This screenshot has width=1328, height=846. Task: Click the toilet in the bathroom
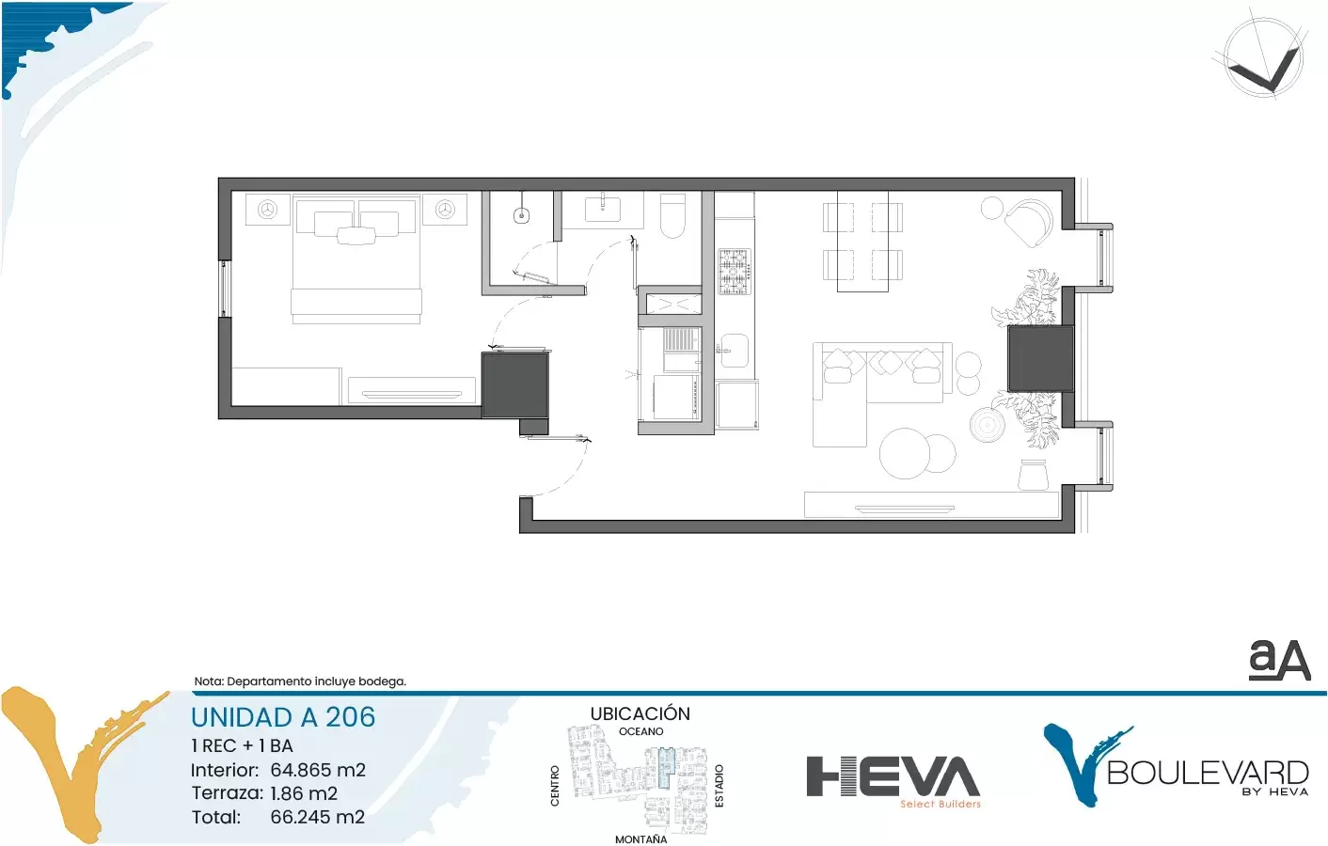point(672,215)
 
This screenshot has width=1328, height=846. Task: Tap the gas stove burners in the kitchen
point(735,272)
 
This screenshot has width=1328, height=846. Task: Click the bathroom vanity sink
point(603,210)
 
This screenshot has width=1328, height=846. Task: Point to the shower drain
point(521,215)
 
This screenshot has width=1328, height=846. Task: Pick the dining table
point(862,242)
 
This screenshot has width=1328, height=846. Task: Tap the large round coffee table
point(904,453)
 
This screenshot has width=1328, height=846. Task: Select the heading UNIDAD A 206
point(283,717)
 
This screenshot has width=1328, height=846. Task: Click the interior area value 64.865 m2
point(318,770)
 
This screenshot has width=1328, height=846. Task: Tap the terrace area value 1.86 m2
point(304,792)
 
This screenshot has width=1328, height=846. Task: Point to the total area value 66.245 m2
point(317,816)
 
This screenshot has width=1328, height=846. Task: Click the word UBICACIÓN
point(640,713)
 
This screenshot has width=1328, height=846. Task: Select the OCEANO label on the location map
point(640,731)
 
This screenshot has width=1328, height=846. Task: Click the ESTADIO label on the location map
point(719,786)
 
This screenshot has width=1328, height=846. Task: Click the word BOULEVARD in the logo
point(1208,773)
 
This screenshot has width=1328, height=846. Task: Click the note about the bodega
point(300,681)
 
